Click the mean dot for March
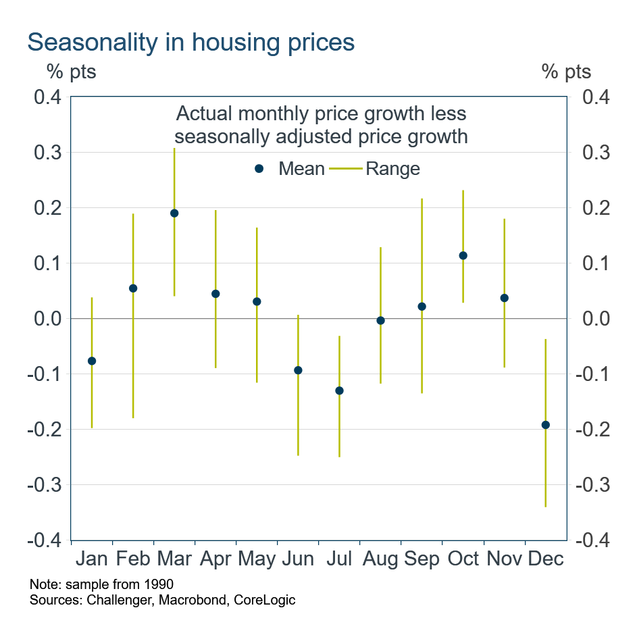tap(174, 213)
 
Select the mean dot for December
tap(546, 425)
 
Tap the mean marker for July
tap(339, 390)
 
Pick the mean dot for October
tap(463, 255)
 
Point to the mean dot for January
tap(92, 361)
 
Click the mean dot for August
tap(380, 320)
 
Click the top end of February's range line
tap(133, 214)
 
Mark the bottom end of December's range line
tap(546, 506)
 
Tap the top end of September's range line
tap(422, 199)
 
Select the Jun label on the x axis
tap(298, 559)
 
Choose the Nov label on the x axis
tap(504, 559)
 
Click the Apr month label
tap(215, 559)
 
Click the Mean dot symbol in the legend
tap(259, 169)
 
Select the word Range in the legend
tap(392, 169)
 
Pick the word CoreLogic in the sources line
tap(264, 600)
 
